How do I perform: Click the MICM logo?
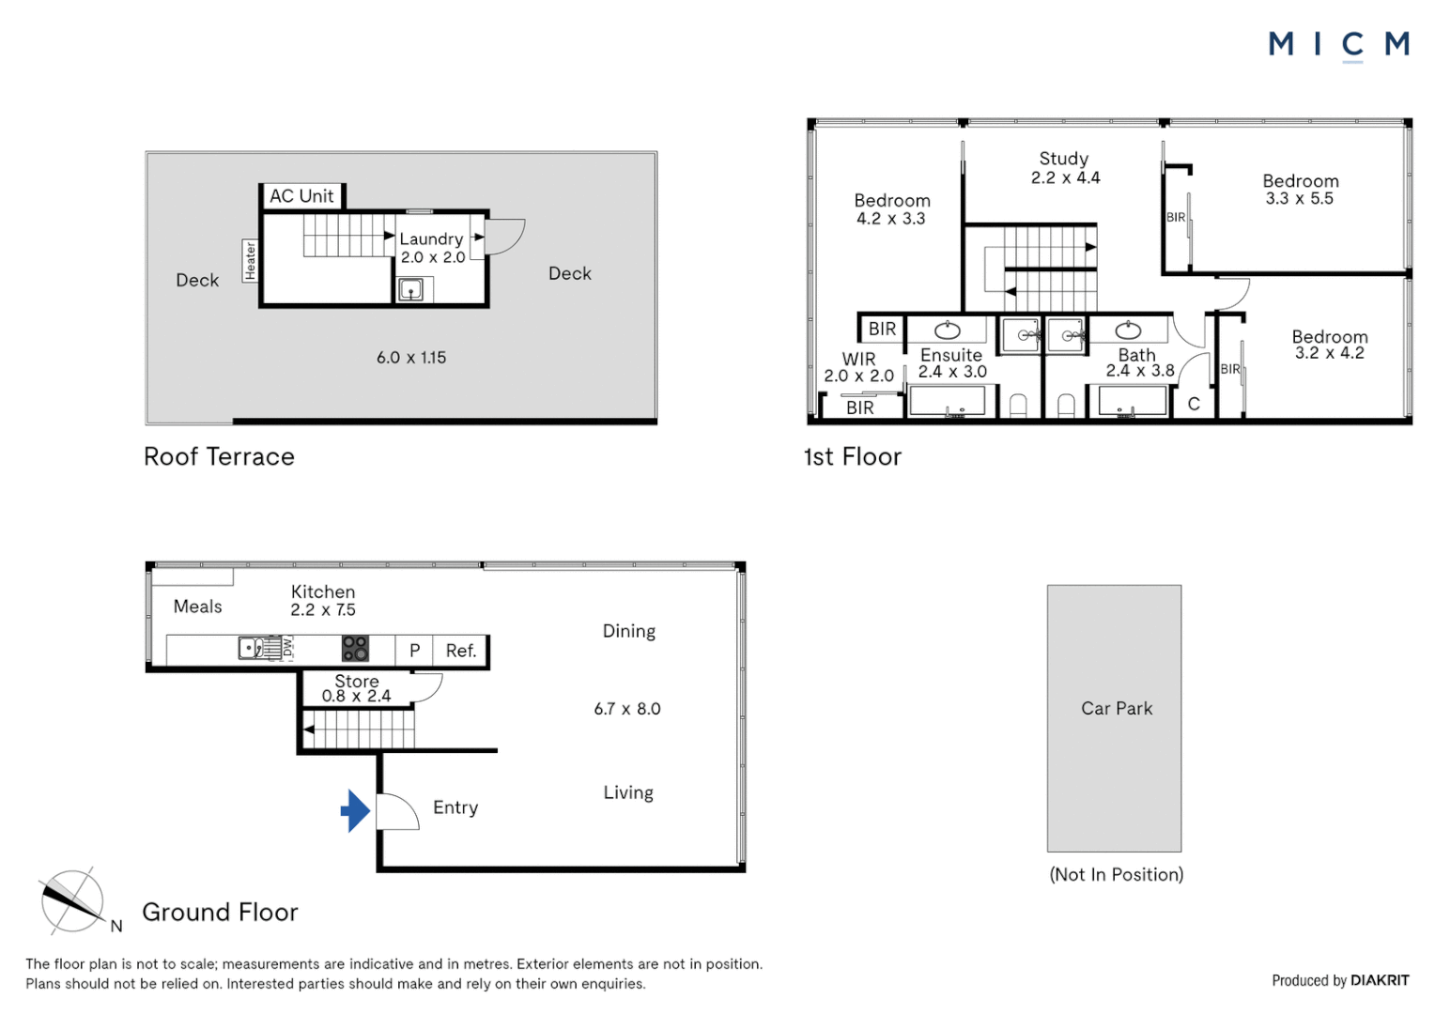(x=1338, y=44)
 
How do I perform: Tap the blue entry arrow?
(x=355, y=810)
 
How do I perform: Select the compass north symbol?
(x=73, y=901)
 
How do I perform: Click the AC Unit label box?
(x=301, y=196)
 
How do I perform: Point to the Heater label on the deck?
(x=250, y=261)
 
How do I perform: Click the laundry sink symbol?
(x=410, y=290)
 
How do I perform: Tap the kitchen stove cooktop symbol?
(x=355, y=649)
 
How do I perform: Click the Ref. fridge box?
(x=460, y=651)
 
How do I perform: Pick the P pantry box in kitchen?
(x=414, y=651)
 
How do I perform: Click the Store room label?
(x=357, y=682)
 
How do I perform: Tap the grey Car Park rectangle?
(x=1115, y=718)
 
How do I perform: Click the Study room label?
(x=1064, y=159)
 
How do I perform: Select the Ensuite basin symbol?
(x=948, y=330)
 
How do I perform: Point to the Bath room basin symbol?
(x=1128, y=330)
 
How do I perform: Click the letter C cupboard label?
(x=1194, y=404)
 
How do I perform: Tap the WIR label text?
(x=858, y=359)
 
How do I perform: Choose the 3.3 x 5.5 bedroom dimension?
(x=1300, y=199)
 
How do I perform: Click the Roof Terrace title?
(x=219, y=457)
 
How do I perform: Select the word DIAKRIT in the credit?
(x=1380, y=980)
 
